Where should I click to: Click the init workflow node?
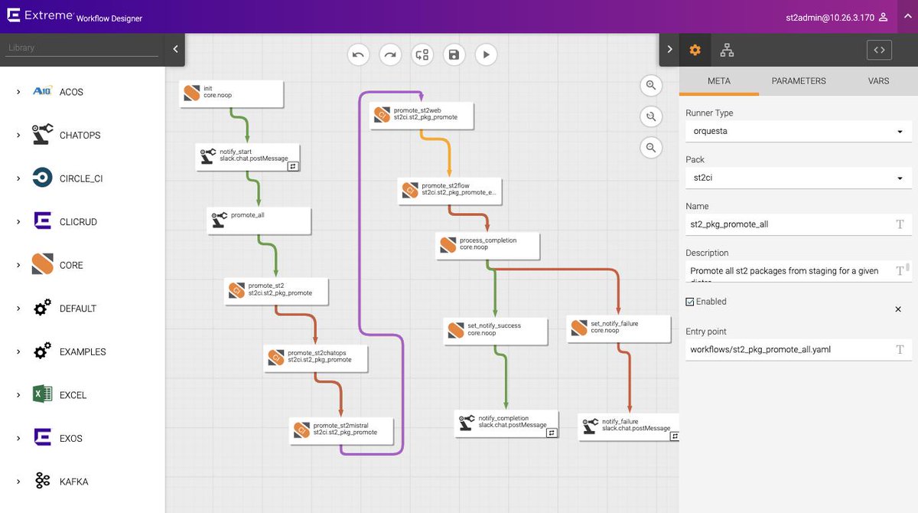tap(231, 93)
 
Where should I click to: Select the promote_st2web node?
tap(422, 114)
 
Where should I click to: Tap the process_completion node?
tap(487, 244)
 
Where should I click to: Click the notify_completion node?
tap(506, 422)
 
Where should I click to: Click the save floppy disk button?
tap(454, 54)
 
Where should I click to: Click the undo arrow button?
tap(358, 54)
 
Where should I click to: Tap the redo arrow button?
tap(390, 54)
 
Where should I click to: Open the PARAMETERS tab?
tap(798, 81)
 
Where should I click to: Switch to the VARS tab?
tap(878, 81)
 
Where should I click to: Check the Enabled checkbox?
tap(690, 302)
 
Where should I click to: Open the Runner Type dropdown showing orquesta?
tap(798, 131)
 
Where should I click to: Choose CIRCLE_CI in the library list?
tap(80, 178)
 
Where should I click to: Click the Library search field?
tap(82, 47)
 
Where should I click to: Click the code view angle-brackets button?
tap(879, 50)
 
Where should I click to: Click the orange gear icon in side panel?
tap(695, 50)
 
